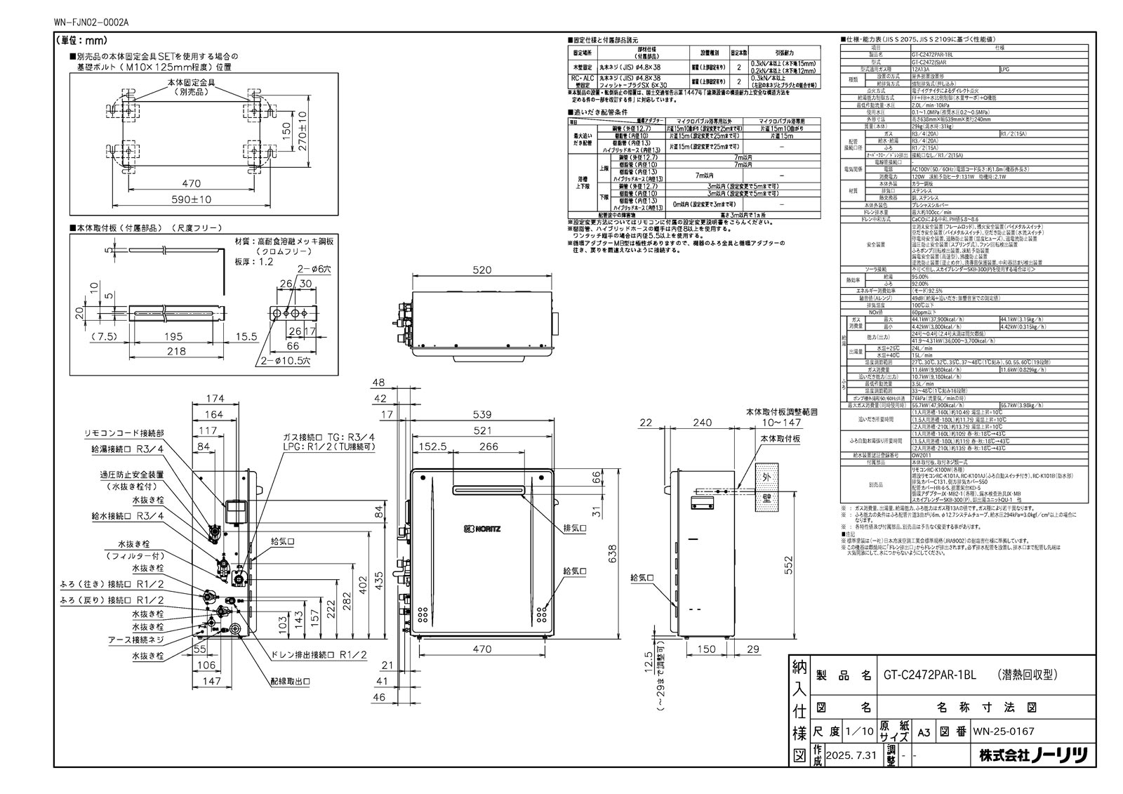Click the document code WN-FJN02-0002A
[x=91, y=22]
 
